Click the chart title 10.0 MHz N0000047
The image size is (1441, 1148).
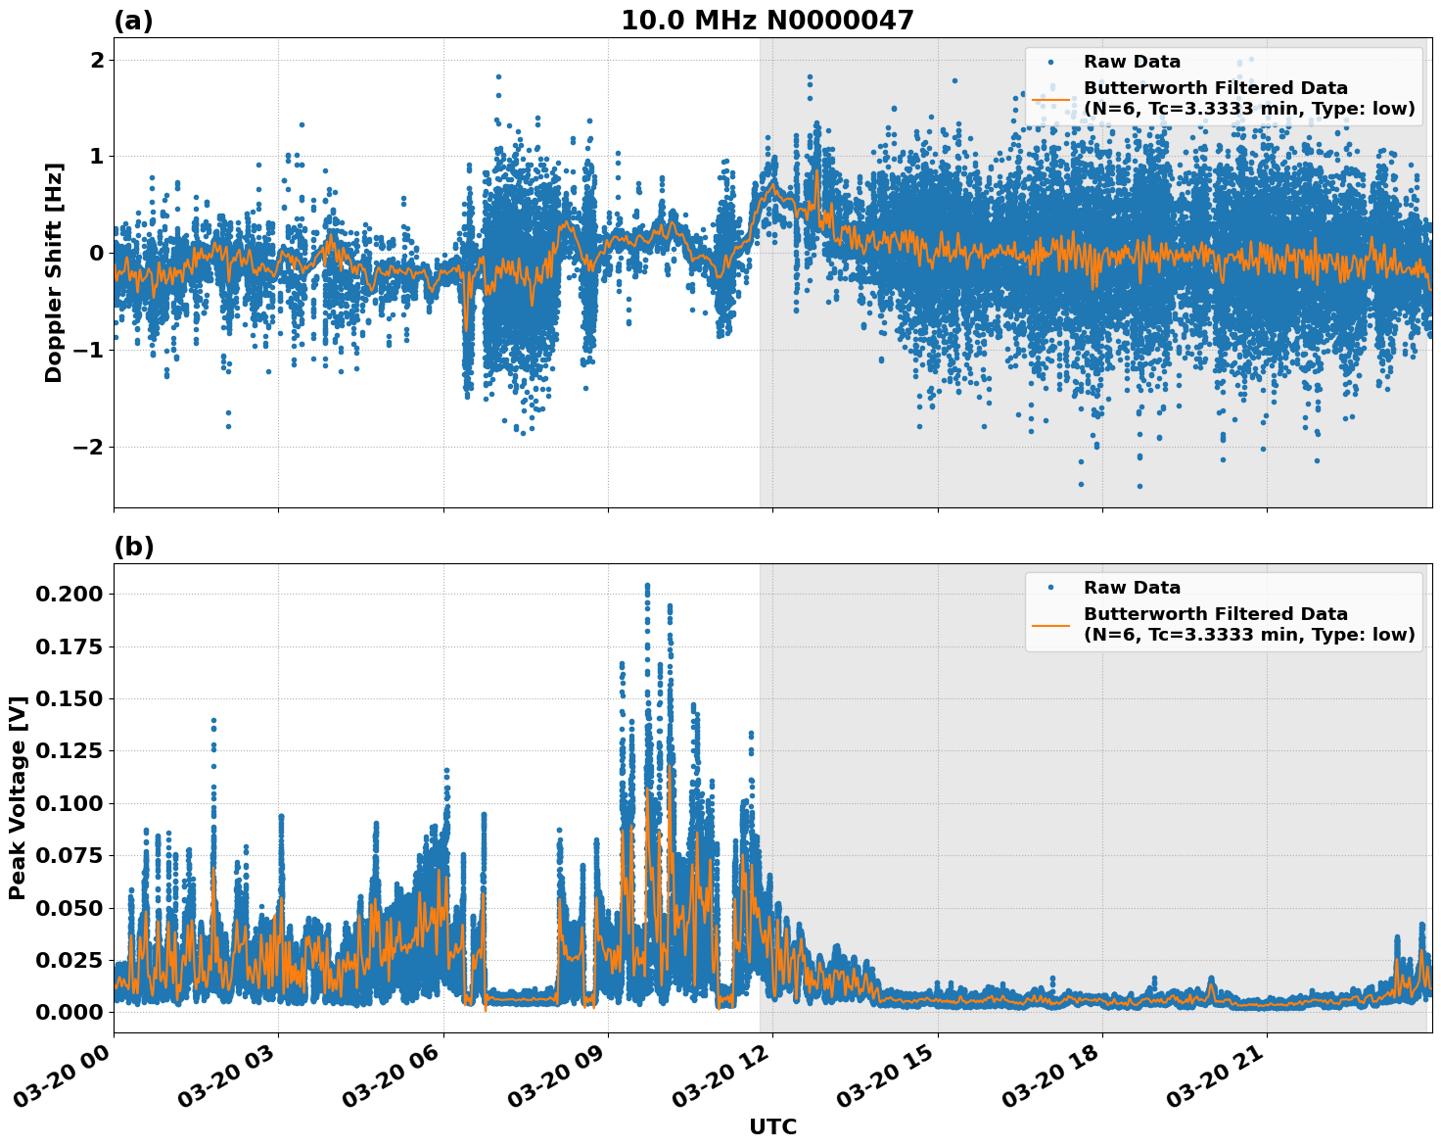click(x=767, y=21)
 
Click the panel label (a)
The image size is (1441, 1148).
click(x=133, y=21)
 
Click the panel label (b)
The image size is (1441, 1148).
click(x=133, y=547)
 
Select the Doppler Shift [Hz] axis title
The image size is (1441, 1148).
click(x=54, y=272)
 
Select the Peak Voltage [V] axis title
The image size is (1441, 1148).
click(x=17, y=797)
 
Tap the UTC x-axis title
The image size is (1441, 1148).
click(x=772, y=1126)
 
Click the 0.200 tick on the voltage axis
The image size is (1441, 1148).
click(x=68, y=595)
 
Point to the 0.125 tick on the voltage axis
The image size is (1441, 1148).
click(x=68, y=751)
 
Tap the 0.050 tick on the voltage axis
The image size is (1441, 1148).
click(x=68, y=908)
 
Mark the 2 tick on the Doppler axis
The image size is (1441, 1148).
click(x=97, y=61)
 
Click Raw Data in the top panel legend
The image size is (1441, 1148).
click(x=1132, y=62)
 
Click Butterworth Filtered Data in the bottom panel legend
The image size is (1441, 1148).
click(x=1215, y=614)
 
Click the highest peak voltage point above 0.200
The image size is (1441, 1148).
click(x=647, y=586)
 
